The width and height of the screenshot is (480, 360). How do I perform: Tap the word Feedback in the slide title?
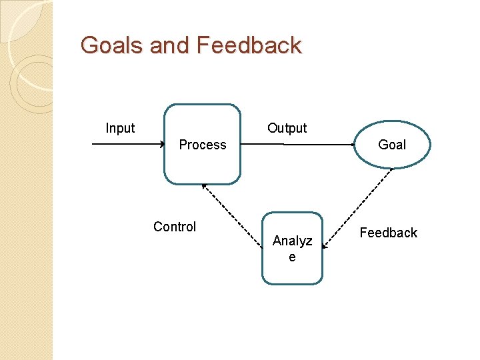[x=249, y=45]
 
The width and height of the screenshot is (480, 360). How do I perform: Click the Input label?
[x=120, y=128]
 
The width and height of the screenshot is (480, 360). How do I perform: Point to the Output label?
[x=287, y=128]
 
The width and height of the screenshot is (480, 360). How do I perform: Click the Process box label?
[x=203, y=145]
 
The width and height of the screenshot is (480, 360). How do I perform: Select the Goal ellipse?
[x=391, y=145]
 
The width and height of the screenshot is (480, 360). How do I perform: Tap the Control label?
[x=175, y=227]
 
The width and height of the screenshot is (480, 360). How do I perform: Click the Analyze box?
[x=292, y=248]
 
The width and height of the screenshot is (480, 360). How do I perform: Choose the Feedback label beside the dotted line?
[x=388, y=233]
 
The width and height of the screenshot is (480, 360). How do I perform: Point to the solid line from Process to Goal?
[x=297, y=144]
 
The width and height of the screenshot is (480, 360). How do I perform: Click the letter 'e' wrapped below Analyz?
[x=292, y=257]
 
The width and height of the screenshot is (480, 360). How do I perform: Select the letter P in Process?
[x=183, y=145]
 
